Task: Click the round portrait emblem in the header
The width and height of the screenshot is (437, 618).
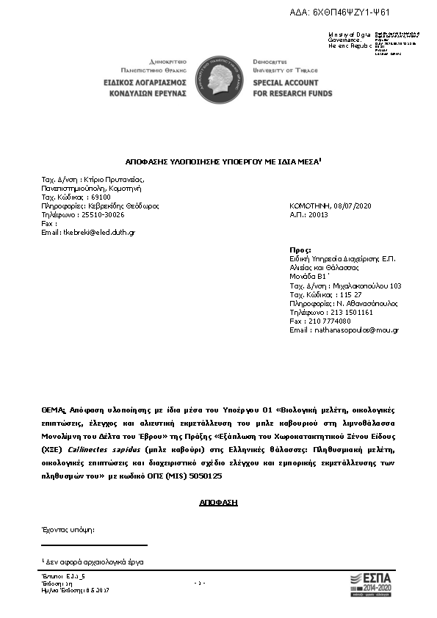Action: [x=218, y=77]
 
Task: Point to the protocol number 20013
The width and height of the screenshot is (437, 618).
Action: [x=318, y=215]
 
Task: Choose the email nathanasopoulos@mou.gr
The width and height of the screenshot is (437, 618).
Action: [x=355, y=330]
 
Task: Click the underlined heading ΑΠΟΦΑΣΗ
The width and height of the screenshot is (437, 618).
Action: [x=218, y=503]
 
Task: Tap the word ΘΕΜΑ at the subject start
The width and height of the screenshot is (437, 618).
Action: [x=53, y=410]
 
